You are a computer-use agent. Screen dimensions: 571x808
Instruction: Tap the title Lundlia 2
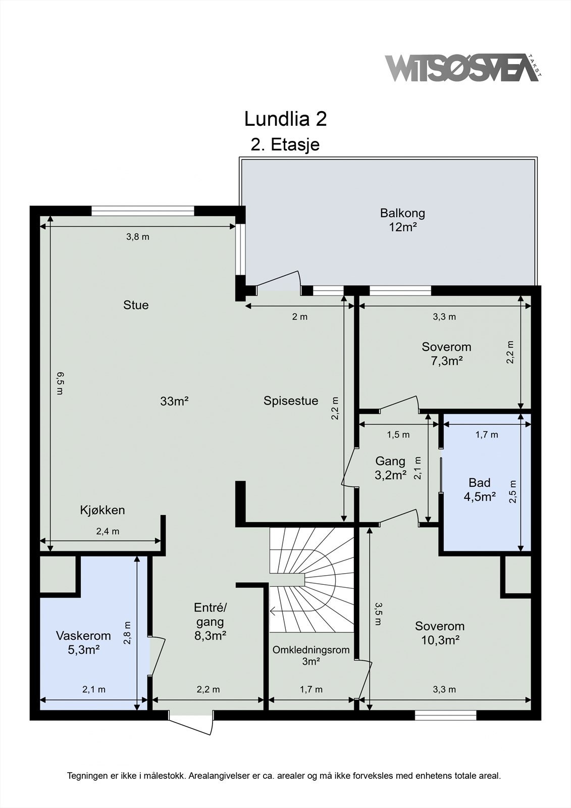[285, 119]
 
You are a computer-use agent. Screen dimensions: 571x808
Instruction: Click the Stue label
[136, 305]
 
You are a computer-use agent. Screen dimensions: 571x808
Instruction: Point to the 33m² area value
[175, 401]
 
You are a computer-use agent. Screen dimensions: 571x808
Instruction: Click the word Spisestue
[291, 401]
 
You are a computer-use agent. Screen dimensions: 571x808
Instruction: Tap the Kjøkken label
[102, 511]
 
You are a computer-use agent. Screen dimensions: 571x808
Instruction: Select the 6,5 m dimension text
[60, 383]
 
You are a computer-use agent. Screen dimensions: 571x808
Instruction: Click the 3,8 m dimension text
[138, 237]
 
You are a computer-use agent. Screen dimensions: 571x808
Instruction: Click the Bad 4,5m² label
[480, 489]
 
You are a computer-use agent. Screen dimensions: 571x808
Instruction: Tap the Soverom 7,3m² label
[447, 354]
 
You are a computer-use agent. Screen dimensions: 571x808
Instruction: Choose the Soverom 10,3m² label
[440, 633]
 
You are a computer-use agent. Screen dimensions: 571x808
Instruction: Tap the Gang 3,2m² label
[390, 468]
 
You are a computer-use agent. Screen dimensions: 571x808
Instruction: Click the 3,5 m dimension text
[378, 613]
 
